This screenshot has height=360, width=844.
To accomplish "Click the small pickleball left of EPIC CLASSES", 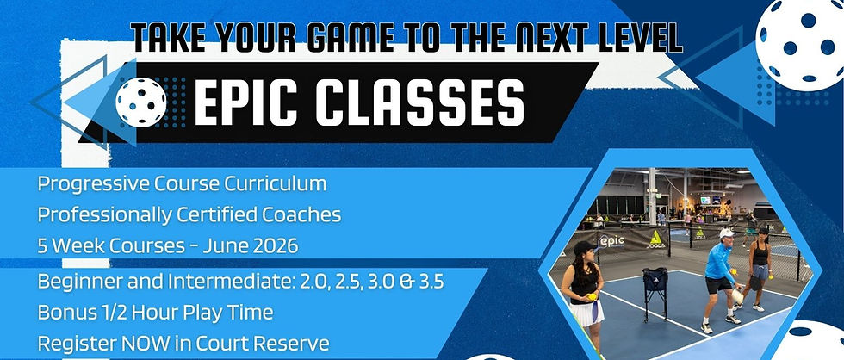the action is (x=141, y=102).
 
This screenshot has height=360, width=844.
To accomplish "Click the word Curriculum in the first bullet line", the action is (x=276, y=184).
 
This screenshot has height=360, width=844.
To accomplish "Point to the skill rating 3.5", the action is (x=431, y=282).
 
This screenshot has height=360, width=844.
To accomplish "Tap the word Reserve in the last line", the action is (x=295, y=344).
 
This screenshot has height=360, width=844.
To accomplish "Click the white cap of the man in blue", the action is (x=727, y=233).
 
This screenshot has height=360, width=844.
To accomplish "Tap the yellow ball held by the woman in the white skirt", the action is (x=593, y=296).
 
